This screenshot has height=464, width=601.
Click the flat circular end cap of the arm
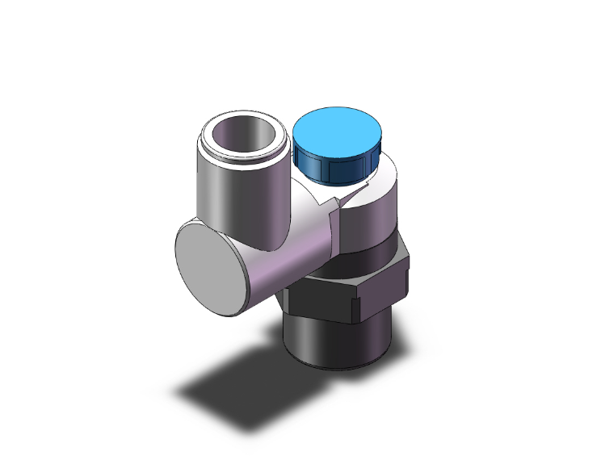click(x=209, y=265)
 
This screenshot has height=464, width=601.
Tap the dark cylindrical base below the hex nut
click(x=331, y=343)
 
